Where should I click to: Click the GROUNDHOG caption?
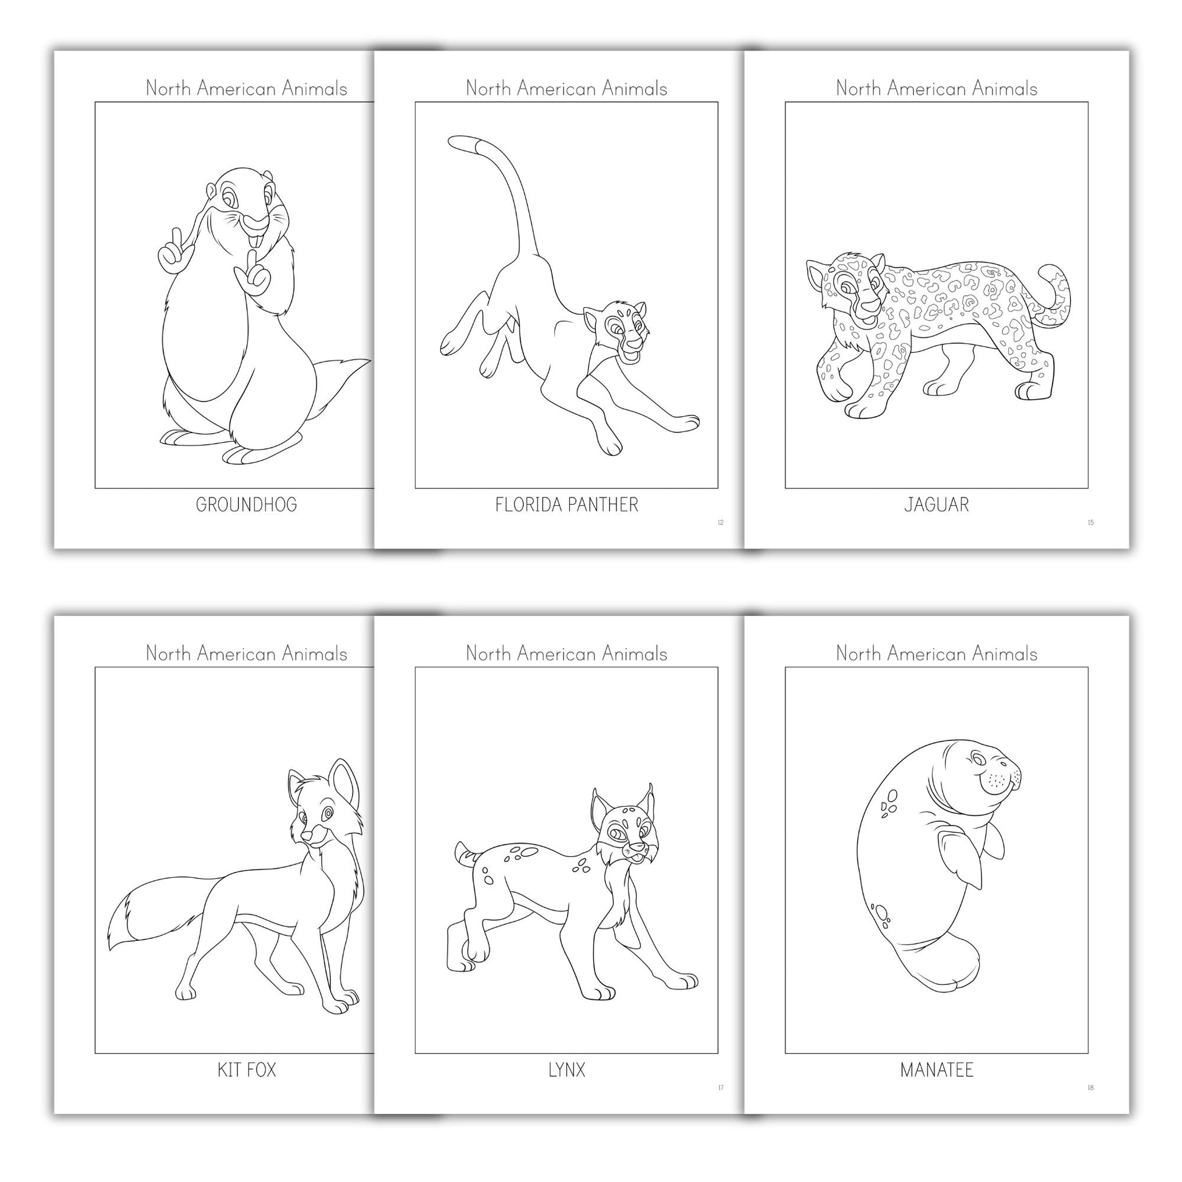click(246, 505)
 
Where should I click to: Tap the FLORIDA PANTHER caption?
click(567, 505)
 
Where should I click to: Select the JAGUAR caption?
click(937, 505)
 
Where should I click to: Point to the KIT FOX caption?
click(247, 1070)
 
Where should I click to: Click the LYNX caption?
click(567, 1070)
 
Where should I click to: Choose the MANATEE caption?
click(937, 1070)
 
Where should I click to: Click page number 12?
click(720, 522)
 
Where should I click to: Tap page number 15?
click(1090, 522)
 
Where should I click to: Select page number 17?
click(720, 1088)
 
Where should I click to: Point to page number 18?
click(1090, 1088)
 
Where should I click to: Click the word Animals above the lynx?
click(635, 654)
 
